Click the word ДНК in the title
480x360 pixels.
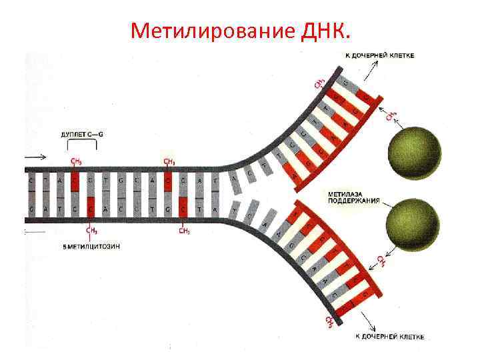point(325,30)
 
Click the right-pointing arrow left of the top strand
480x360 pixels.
point(37,157)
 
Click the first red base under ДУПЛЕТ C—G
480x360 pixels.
point(75,181)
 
